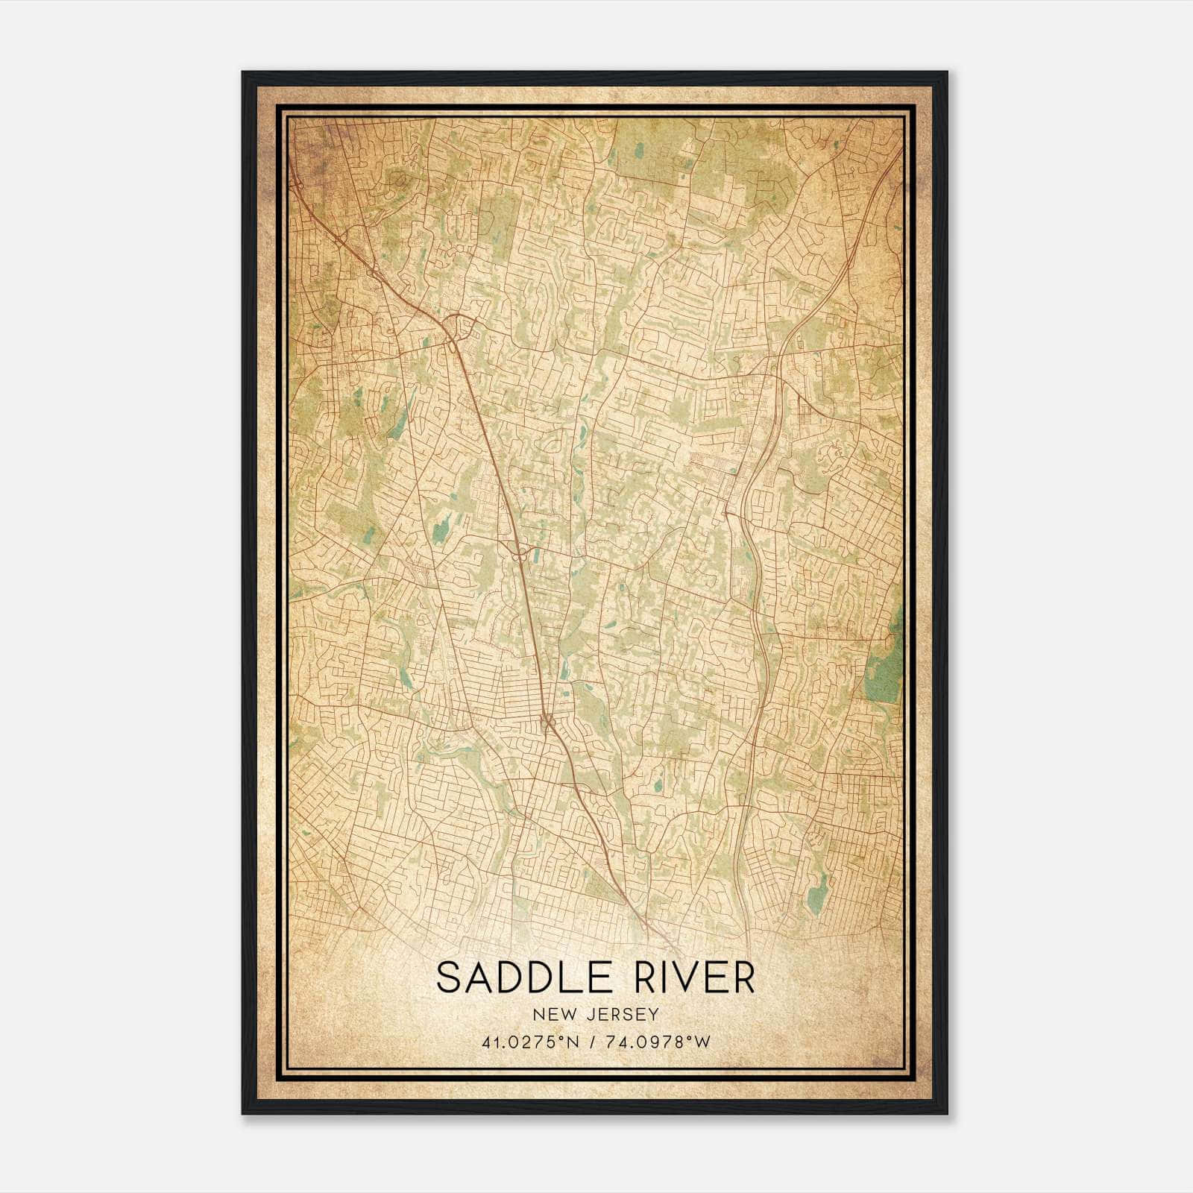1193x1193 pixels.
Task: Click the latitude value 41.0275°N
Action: point(531,1042)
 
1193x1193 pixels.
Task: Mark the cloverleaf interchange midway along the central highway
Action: point(519,553)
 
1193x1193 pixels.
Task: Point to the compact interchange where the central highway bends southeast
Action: point(547,721)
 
